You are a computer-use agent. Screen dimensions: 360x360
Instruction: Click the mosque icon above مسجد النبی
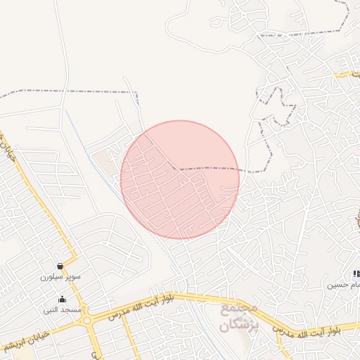click(x=62, y=299)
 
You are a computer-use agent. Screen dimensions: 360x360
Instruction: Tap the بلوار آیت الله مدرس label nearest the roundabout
click(x=138, y=309)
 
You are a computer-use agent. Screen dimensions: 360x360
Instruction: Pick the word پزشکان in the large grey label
click(x=239, y=326)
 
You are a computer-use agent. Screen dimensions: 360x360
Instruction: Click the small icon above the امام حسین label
click(x=356, y=274)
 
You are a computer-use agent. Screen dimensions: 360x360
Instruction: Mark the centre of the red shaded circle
click(x=180, y=180)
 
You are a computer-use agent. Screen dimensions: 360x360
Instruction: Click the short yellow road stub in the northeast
click(x=347, y=73)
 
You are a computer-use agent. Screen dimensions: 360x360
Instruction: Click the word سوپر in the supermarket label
click(x=72, y=277)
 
